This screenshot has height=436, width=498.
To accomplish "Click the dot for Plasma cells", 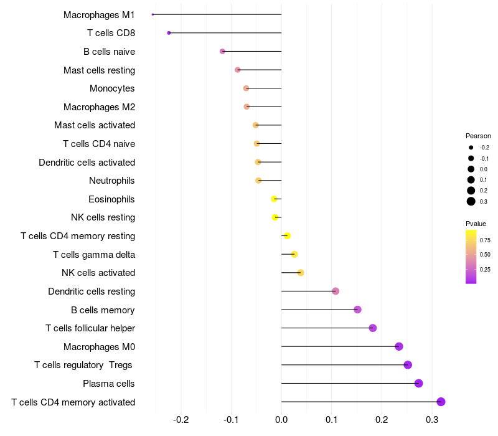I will coord(418,383).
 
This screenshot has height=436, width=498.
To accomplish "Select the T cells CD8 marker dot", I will coord(169,32).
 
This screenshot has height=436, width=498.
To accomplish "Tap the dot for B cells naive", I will coord(222,51).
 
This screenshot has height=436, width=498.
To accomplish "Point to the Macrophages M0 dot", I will coord(399,346).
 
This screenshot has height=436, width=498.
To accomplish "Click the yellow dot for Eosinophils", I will coord(274,199).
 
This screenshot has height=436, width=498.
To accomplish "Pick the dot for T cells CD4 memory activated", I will coord(441,402).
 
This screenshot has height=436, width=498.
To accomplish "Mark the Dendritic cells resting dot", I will coord(336,291).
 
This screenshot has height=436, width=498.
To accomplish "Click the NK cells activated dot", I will coord(301,273).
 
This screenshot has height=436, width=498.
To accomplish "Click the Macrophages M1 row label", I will coord(99,14).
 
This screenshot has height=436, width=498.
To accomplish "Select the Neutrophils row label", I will coord(112,181).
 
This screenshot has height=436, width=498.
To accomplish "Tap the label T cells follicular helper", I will coord(90,328).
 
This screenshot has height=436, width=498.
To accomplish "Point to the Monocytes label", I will coord(112,88).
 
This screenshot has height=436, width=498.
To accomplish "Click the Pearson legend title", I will coord(478,136).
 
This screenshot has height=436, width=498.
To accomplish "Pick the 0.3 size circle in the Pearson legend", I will coord(471,201).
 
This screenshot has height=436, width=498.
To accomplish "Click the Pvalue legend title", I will coord(476,224).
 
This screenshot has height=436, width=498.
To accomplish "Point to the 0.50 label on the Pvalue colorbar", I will coord(485,255).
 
